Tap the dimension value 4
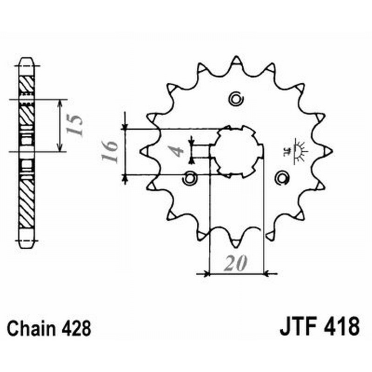[x=176, y=152]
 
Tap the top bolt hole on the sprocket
[x=236, y=98]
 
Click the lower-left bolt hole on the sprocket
[x=190, y=177]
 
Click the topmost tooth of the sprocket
[x=236, y=61]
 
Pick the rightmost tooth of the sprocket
[x=327, y=151]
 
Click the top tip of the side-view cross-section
[x=26, y=61]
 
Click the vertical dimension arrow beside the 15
[x=60, y=125]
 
